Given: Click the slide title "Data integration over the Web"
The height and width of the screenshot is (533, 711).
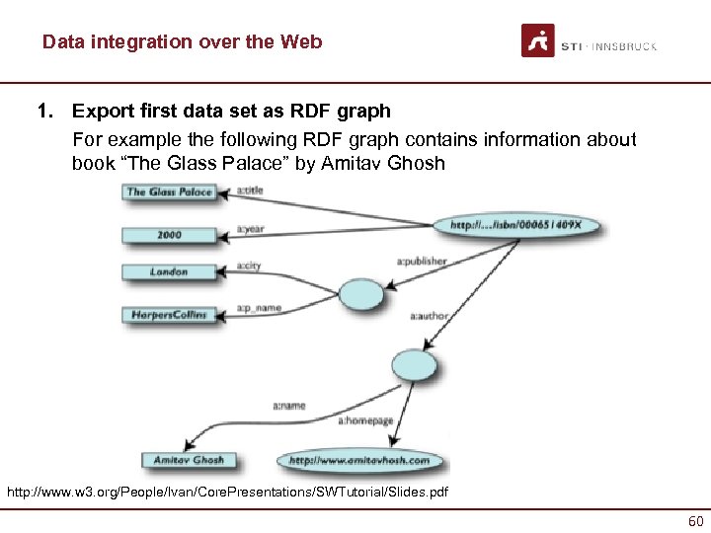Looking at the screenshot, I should click(x=182, y=42).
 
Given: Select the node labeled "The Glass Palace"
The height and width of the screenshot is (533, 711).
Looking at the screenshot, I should click(x=169, y=191).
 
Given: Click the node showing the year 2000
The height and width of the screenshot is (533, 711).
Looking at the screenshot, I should click(x=169, y=235).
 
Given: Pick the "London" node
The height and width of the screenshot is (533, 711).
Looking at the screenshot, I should click(x=169, y=271).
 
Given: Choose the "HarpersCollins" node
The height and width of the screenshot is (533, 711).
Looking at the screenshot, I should click(x=169, y=315).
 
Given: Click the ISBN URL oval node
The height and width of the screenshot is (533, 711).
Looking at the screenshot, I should click(x=516, y=225).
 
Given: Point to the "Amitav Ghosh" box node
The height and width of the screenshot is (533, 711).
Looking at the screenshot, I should click(x=188, y=460).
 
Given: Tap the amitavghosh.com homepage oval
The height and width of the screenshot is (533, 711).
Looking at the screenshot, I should click(x=359, y=461).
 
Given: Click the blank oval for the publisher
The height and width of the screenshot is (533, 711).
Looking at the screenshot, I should click(x=360, y=293).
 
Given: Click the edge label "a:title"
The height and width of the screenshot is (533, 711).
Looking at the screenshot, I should click(x=252, y=190).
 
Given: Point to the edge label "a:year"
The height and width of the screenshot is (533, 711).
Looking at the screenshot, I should click(x=250, y=228).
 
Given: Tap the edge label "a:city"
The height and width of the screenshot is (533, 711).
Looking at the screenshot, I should click(x=248, y=266).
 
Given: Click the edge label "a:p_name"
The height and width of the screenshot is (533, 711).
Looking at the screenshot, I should click(x=258, y=308).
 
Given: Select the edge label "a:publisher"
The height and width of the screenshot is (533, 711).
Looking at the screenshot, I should click(x=422, y=262).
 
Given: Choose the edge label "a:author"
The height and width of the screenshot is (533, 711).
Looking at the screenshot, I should click(x=429, y=316).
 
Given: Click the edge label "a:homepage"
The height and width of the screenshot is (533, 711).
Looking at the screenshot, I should click(x=365, y=420).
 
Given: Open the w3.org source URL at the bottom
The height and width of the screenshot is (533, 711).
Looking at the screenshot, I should click(x=226, y=492).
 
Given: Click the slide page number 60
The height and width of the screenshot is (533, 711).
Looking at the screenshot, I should click(x=695, y=520).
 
